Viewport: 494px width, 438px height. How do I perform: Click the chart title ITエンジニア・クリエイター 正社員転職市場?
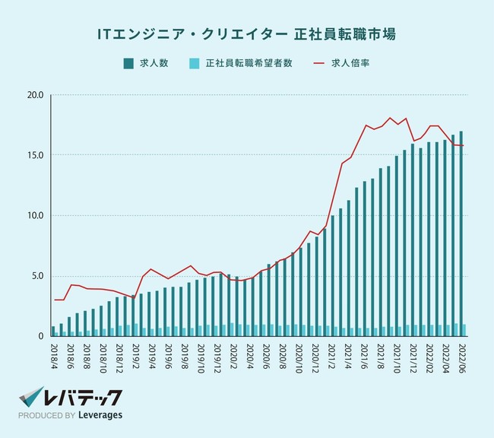246,34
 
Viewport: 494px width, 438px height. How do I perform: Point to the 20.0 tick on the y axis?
35,96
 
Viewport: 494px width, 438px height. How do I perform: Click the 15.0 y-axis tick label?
35,155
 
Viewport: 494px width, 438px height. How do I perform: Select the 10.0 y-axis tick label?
35,215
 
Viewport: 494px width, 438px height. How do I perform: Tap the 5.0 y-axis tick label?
37,276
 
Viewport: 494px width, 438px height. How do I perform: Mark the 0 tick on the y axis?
42,335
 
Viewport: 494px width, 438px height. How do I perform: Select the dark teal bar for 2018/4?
53,331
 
